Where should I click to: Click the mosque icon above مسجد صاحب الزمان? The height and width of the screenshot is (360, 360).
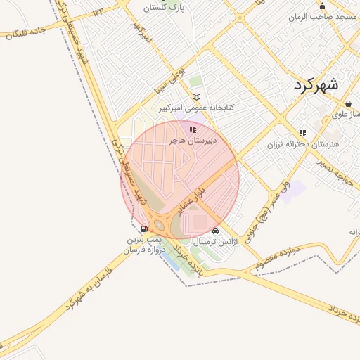point(323,6)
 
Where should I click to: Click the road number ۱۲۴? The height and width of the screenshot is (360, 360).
point(96,11)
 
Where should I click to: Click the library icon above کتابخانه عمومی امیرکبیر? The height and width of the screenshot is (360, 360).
point(197,96)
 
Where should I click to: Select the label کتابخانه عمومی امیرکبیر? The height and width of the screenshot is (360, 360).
point(196,108)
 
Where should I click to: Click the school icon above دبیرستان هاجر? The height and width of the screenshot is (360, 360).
point(193,129)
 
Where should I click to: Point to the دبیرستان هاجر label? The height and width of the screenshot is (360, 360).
point(193,141)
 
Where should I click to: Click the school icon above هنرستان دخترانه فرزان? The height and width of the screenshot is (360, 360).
point(302,133)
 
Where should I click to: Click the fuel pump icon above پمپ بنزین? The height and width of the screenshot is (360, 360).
point(145,229)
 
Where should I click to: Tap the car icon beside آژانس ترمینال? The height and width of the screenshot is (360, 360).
point(215,230)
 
